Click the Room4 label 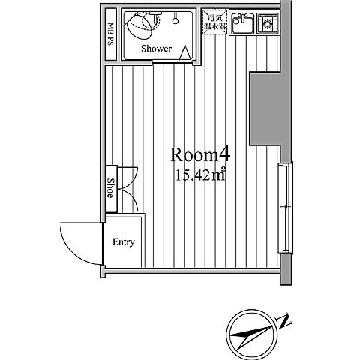click(x=200, y=155)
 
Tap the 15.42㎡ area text click(x=201, y=175)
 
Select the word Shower click(x=157, y=49)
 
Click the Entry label click(x=124, y=242)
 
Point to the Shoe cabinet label click(x=110, y=188)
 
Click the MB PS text click(x=110, y=34)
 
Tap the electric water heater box click(x=215, y=22)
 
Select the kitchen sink click(x=242, y=23)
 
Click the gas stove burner click(x=268, y=24)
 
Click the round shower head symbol click(x=175, y=21)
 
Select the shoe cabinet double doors click(x=127, y=189)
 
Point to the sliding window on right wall click(x=286, y=208)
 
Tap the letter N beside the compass click(x=283, y=320)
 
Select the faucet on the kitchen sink click(x=242, y=17)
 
